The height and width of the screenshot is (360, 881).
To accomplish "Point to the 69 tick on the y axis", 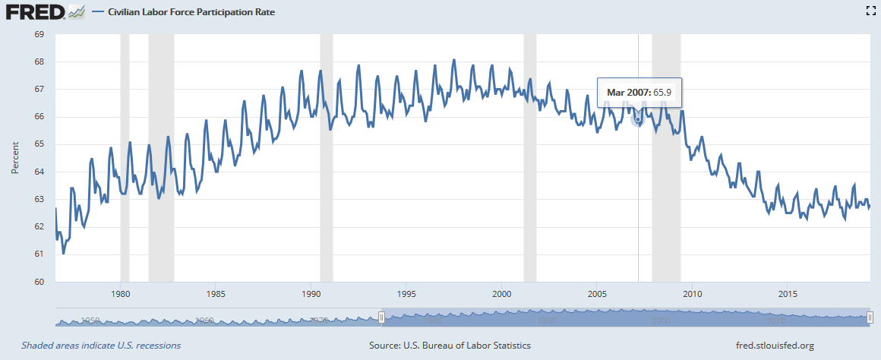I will (39, 34).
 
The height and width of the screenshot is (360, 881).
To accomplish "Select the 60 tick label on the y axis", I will (39, 282).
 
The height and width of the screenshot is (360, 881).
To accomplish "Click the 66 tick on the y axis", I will (39, 117).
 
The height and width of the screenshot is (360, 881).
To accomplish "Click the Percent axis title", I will (14, 158).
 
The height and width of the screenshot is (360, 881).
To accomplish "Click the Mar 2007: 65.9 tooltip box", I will (639, 92).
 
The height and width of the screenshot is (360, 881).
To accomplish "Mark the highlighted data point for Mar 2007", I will (638, 119).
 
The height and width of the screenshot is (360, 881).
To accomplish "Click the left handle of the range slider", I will (382, 318).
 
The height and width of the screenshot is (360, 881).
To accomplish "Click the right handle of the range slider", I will (870, 318).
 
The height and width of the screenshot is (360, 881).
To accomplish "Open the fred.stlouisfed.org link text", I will (775, 346).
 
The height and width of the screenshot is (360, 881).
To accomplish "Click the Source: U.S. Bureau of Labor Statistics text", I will (450, 346).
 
